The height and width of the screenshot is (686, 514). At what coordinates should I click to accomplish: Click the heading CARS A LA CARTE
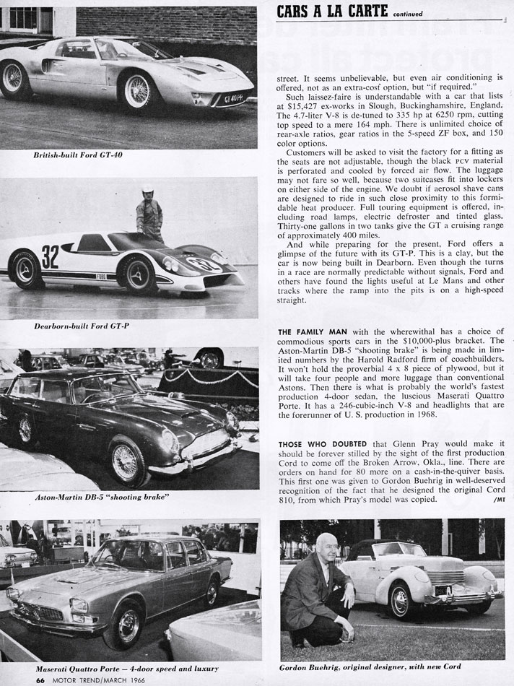pyautogui.click(x=333, y=10)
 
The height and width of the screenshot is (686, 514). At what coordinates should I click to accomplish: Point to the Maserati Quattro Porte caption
pyautogui.click(x=126, y=669)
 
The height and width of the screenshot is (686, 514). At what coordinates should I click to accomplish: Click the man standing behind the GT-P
pyautogui.click(x=149, y=214)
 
